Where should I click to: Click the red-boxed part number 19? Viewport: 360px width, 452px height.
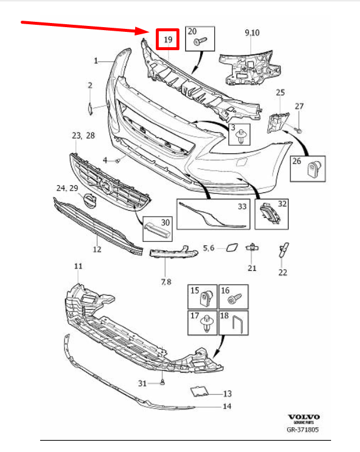click(x=168, y=40)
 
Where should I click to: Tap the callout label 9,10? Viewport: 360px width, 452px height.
click(x=252, y=32)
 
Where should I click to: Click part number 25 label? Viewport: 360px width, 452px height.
click(x=280, y=93)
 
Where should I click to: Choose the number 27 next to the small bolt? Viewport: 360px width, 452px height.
click(x=299, y=106)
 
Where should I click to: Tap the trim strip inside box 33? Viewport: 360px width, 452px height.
click(x=212, y=216)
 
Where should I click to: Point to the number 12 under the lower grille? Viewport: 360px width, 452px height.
click(x=97, y=249)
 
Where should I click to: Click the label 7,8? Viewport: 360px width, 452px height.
click(x=166, y=281)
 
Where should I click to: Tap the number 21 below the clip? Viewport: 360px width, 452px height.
click(x=253, y=268)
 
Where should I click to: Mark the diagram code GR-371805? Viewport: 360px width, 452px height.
click(x=303, y=430)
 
